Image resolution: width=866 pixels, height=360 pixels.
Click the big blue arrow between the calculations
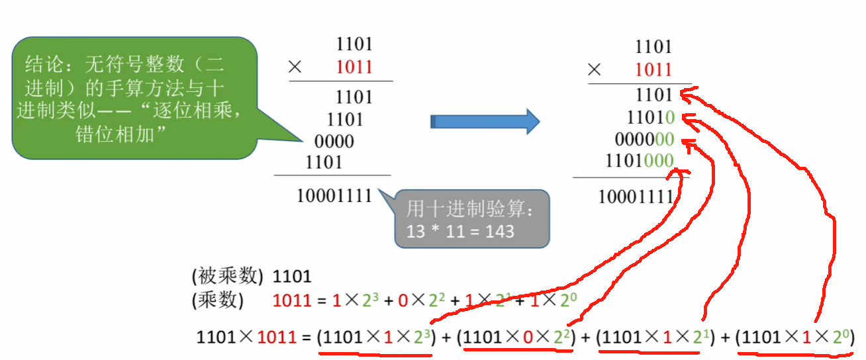[x=485, y=122]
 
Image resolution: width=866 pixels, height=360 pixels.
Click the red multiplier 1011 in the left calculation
[x=354, y=67]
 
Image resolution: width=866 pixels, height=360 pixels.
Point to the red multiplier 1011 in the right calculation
[x=653, y=69]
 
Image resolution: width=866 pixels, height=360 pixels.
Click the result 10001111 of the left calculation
[x=334, y=196]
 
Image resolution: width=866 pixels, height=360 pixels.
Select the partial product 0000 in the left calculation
[x=334, y=142]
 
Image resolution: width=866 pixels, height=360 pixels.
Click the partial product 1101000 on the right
[x=640, y=161]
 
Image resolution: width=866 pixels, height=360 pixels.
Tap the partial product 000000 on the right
[x=644, y=140]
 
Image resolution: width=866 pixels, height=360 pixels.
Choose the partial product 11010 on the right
[x=651, y=118]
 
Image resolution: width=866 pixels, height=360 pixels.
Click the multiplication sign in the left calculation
[x=296, y=67]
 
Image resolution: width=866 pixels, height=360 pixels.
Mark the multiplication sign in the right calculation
[x=595, y=69]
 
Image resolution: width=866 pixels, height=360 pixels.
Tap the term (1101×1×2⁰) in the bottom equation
[x=795, y=337]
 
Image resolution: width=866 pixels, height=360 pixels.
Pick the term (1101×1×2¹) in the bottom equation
[x=655, y=337]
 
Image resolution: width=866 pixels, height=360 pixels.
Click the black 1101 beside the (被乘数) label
[x=292, y=276]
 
